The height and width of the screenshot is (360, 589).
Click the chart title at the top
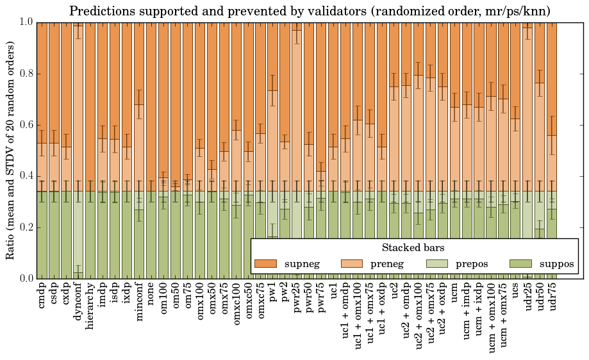[310, 11]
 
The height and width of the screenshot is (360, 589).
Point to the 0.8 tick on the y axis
[26, 74]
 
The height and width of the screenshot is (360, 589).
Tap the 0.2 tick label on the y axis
[26, 227]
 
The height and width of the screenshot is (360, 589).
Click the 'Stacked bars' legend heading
[413, 247]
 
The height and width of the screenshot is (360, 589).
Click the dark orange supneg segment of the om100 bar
[164, 96]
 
